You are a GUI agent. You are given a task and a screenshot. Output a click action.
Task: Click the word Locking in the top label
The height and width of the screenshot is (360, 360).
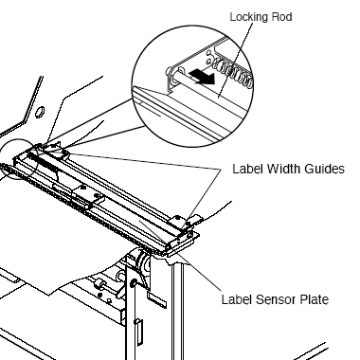click(248, 17)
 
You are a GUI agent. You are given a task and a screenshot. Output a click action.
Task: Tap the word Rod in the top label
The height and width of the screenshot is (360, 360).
click(280, 16)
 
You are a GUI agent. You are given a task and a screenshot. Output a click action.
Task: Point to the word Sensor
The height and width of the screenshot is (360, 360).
click(277, 299)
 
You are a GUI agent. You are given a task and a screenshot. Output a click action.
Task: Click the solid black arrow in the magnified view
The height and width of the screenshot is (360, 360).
click(202, 77)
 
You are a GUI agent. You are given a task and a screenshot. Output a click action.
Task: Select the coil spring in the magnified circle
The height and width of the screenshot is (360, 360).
click(233, 72)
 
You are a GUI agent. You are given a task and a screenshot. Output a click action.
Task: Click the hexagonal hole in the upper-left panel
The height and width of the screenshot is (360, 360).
click(40, 112)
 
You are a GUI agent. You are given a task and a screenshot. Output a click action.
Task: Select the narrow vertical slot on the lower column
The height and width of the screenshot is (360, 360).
click(138, 332)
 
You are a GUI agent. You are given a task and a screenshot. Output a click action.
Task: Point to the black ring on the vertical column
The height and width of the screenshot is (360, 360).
click(134, 283)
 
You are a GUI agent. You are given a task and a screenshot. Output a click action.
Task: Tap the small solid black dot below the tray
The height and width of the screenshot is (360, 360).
click(100, 296)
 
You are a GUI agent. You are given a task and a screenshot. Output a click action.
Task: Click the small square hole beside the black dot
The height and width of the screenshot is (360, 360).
click(109, 300)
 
